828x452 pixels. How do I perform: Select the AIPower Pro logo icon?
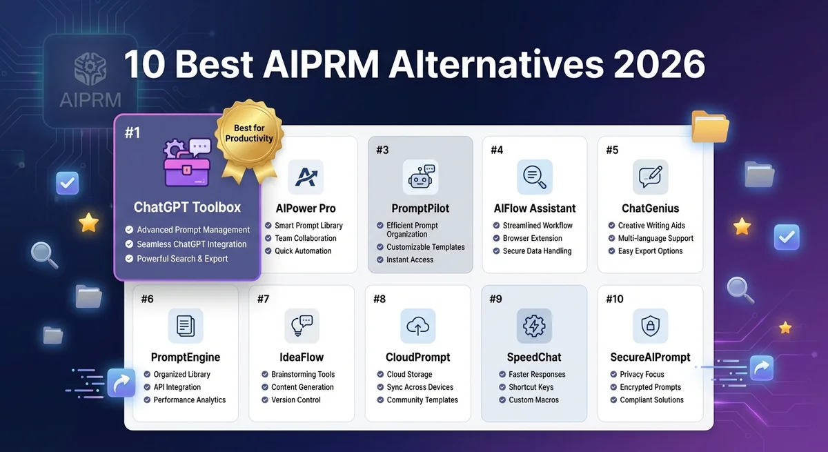pos(305,177)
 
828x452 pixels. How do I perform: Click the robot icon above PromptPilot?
pos(420,177)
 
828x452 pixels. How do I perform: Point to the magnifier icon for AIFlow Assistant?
pos(535,177)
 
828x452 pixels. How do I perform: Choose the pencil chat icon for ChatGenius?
pos(650,177)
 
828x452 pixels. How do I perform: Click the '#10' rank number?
pos(614,299)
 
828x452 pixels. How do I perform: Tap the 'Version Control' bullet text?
pos(296,400)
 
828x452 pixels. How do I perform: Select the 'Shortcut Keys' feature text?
pos(531,387)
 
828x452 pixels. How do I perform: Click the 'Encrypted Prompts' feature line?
pos(650,387)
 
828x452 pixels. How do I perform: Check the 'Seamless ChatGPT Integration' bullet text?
pos(192,244)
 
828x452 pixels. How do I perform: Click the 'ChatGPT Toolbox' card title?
pos(187,207)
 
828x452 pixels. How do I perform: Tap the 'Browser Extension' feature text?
pos(532,238)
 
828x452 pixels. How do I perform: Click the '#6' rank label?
pos(148,299)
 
